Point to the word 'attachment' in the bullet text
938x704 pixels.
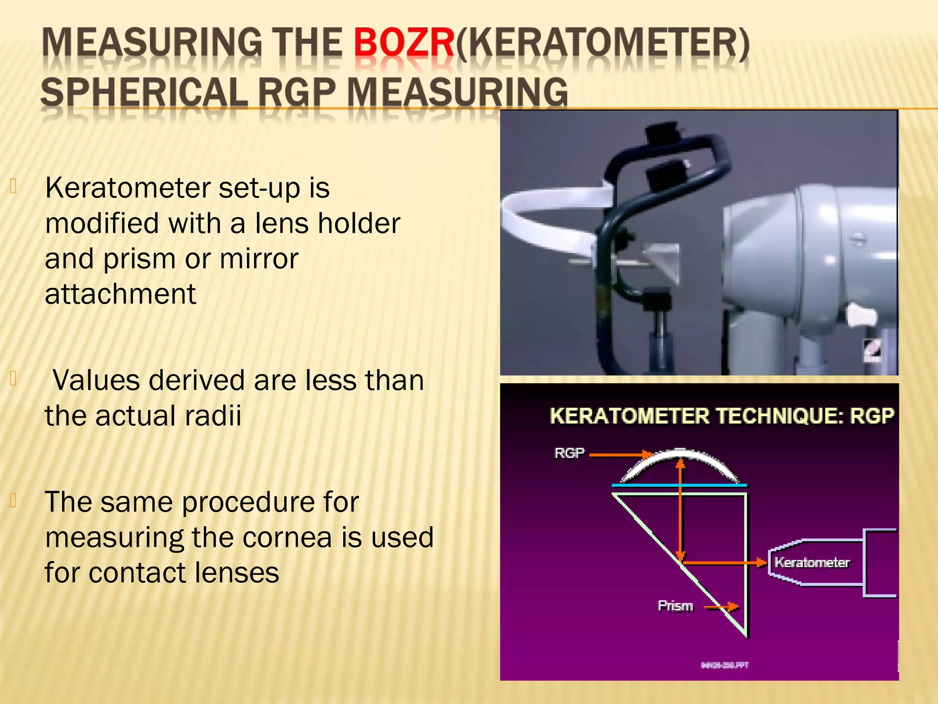pyautogui.click(x=120, y=294)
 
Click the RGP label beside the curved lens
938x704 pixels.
pyautogui.click(x=569, y=453)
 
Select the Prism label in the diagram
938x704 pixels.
pyautogui.click(x=675, y=606)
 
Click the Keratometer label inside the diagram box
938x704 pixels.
pyautogui.click(x=812, y=562)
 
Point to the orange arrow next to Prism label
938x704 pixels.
pyautogui.click(x=721, y=607)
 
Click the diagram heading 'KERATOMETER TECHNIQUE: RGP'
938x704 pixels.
pyautogui.click(x=722, y=416)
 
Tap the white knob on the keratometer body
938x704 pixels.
pyautogui.click(x=861, y=316)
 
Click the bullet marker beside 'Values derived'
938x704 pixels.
pyautogui.click(x=13, y=378)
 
